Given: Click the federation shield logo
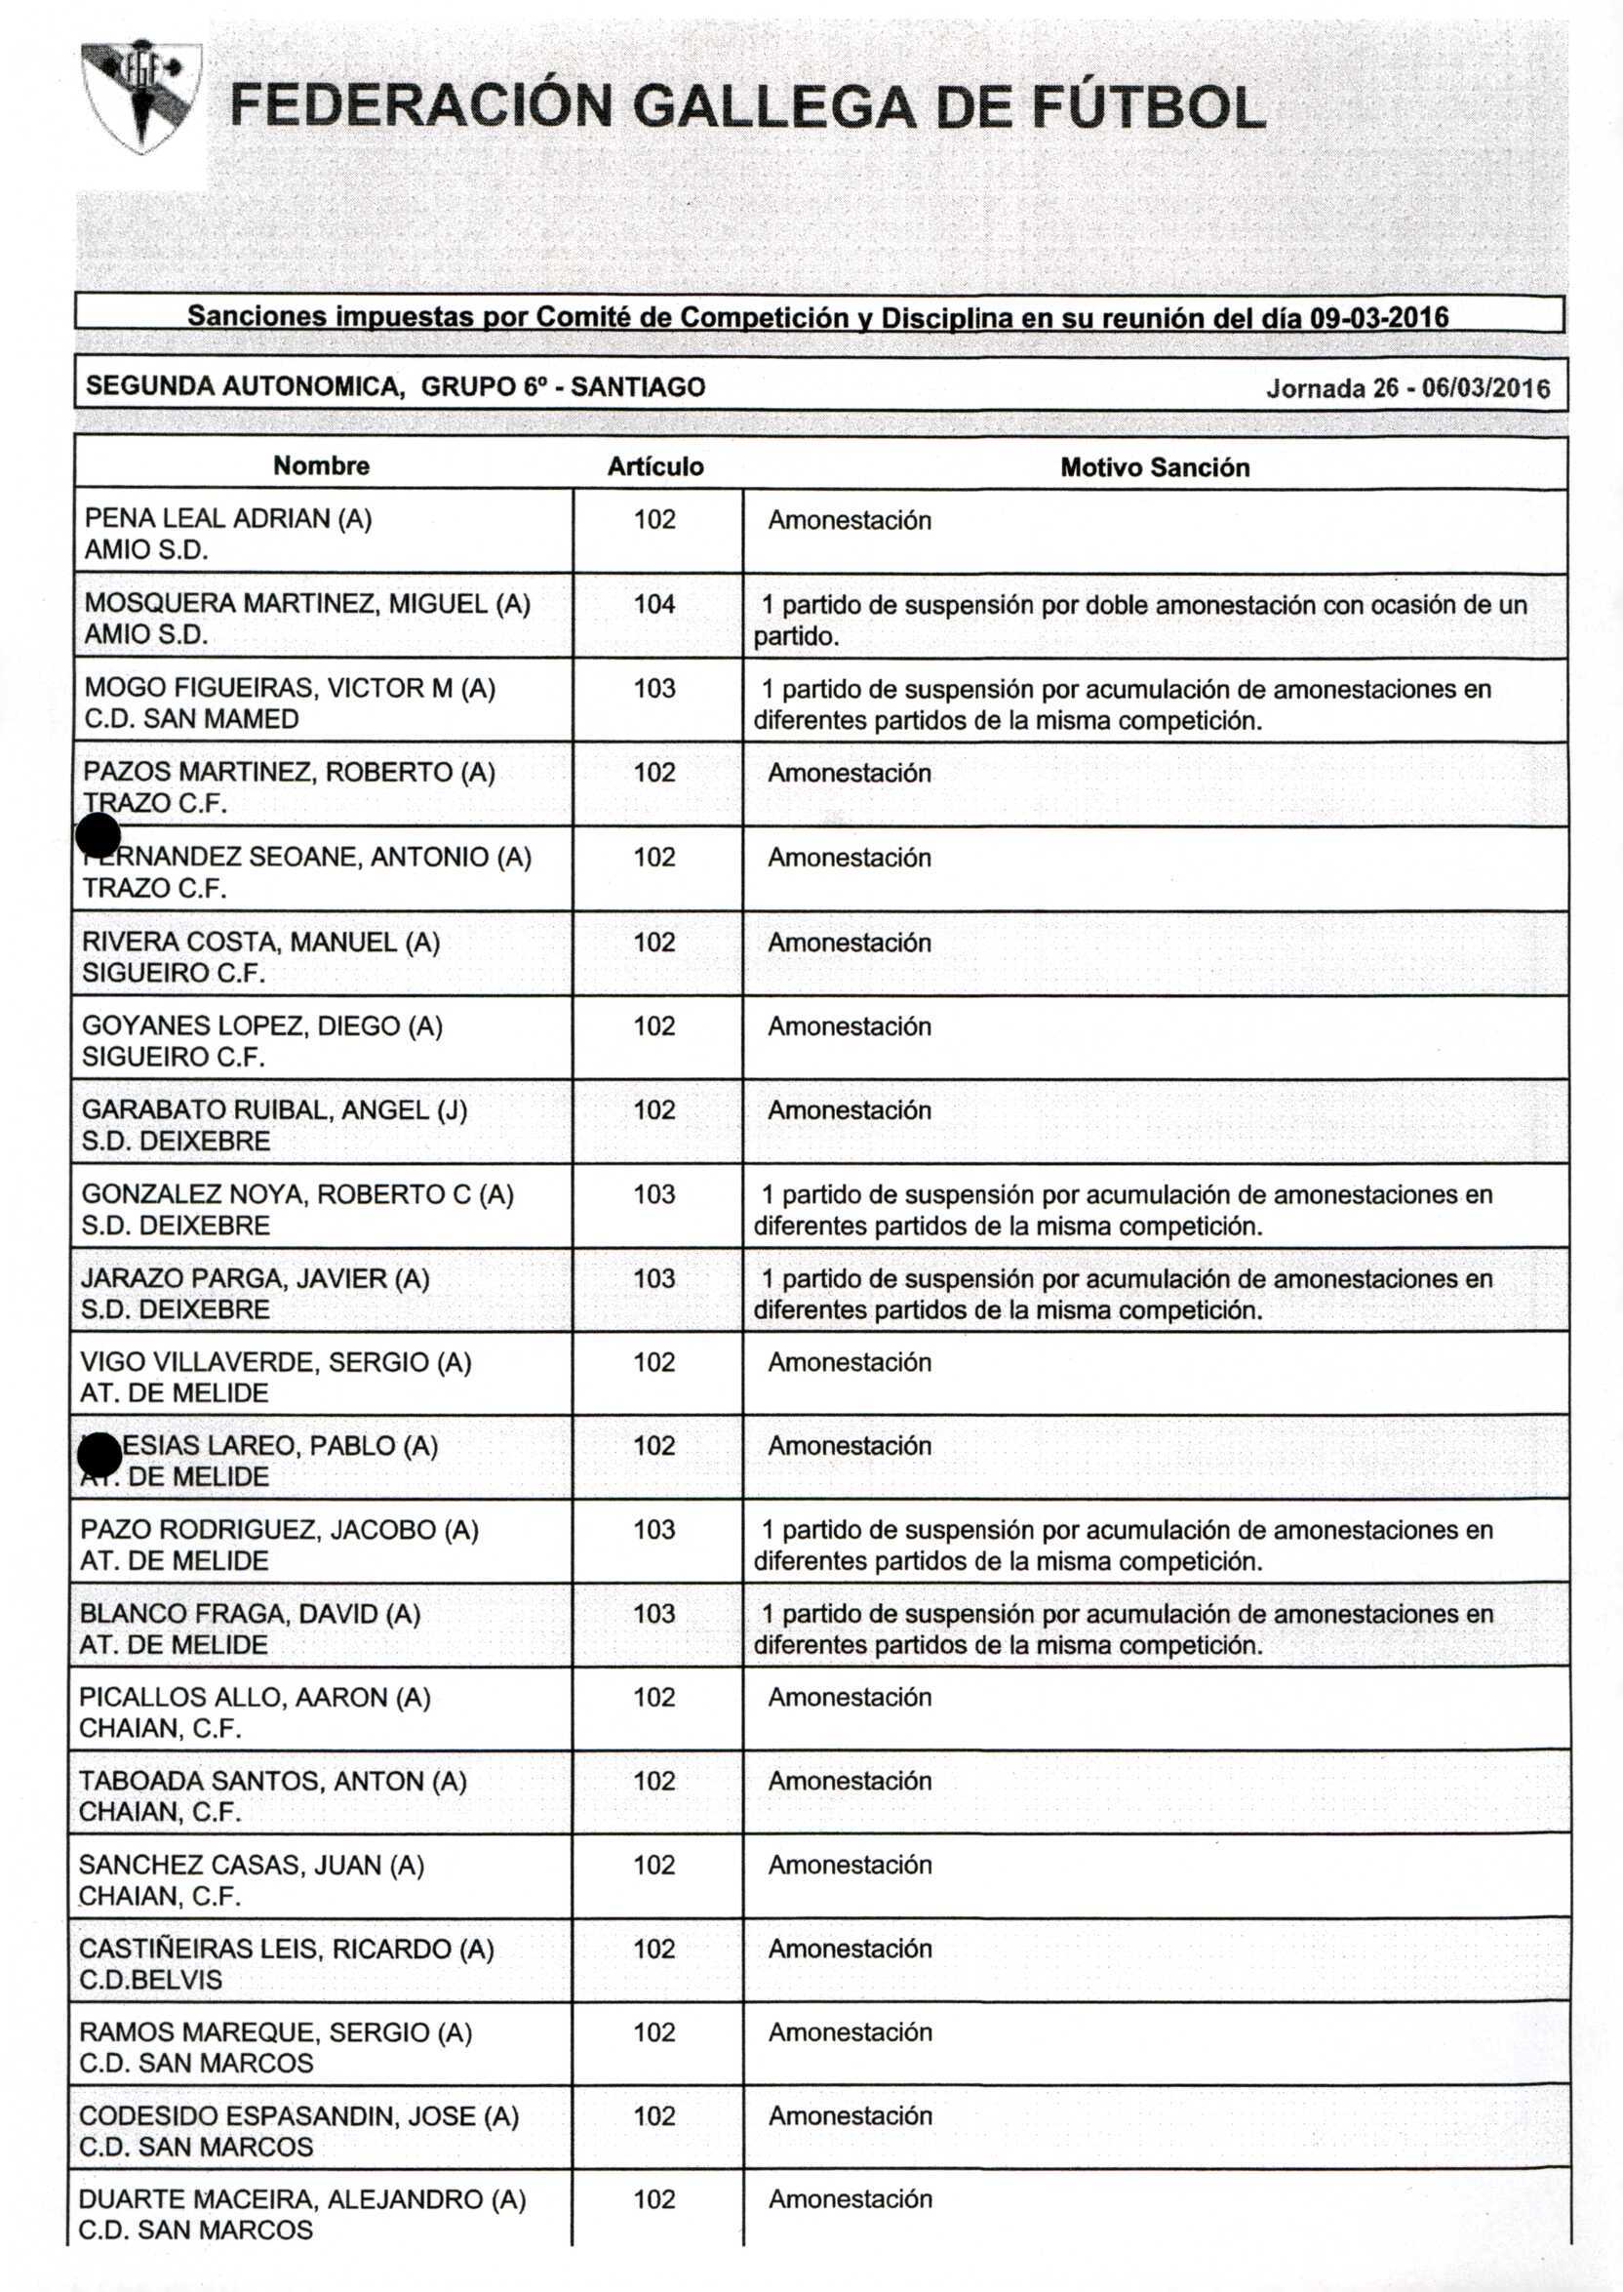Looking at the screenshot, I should (140, 97).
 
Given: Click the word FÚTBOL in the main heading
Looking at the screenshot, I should (1148, 108).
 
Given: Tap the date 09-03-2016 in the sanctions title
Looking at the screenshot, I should (1378, 318).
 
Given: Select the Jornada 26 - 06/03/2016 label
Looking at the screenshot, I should (1407, 387).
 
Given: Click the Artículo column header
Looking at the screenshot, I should (654, 466).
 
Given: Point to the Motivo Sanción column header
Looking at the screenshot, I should (1154, 467).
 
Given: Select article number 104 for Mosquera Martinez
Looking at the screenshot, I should (654, 604).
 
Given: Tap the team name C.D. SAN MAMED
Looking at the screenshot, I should (191, 719).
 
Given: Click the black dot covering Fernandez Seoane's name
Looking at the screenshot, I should (98, 835).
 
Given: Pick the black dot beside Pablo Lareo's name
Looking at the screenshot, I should (99, 1456).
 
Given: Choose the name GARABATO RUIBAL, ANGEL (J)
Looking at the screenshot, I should (274, 1109).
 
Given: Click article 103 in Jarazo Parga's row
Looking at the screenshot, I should (654, 1278).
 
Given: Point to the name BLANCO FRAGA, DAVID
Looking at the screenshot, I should (250, 1613).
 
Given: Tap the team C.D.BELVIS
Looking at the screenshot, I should (150, 1979).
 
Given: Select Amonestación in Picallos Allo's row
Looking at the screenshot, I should (850, 1697).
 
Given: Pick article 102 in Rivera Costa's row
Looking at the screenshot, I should (654, 942).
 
